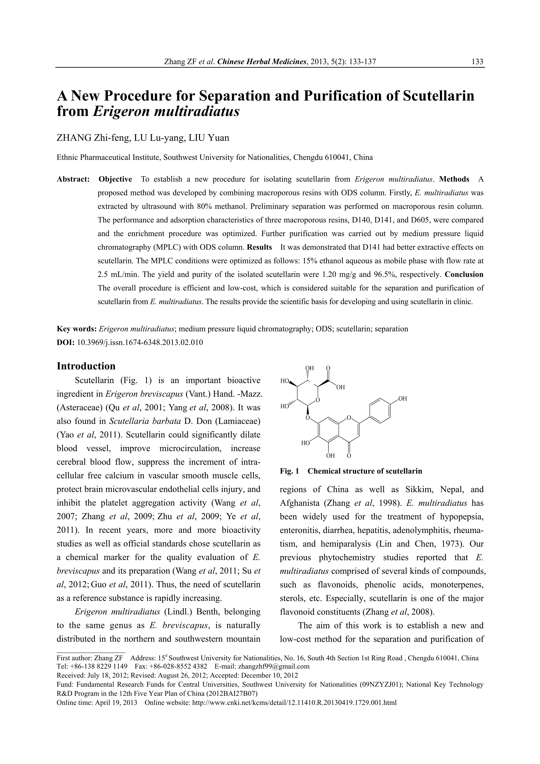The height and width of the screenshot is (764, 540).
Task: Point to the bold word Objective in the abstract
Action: [115, 179]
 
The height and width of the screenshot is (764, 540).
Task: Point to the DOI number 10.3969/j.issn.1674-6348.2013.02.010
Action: [140, 342]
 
